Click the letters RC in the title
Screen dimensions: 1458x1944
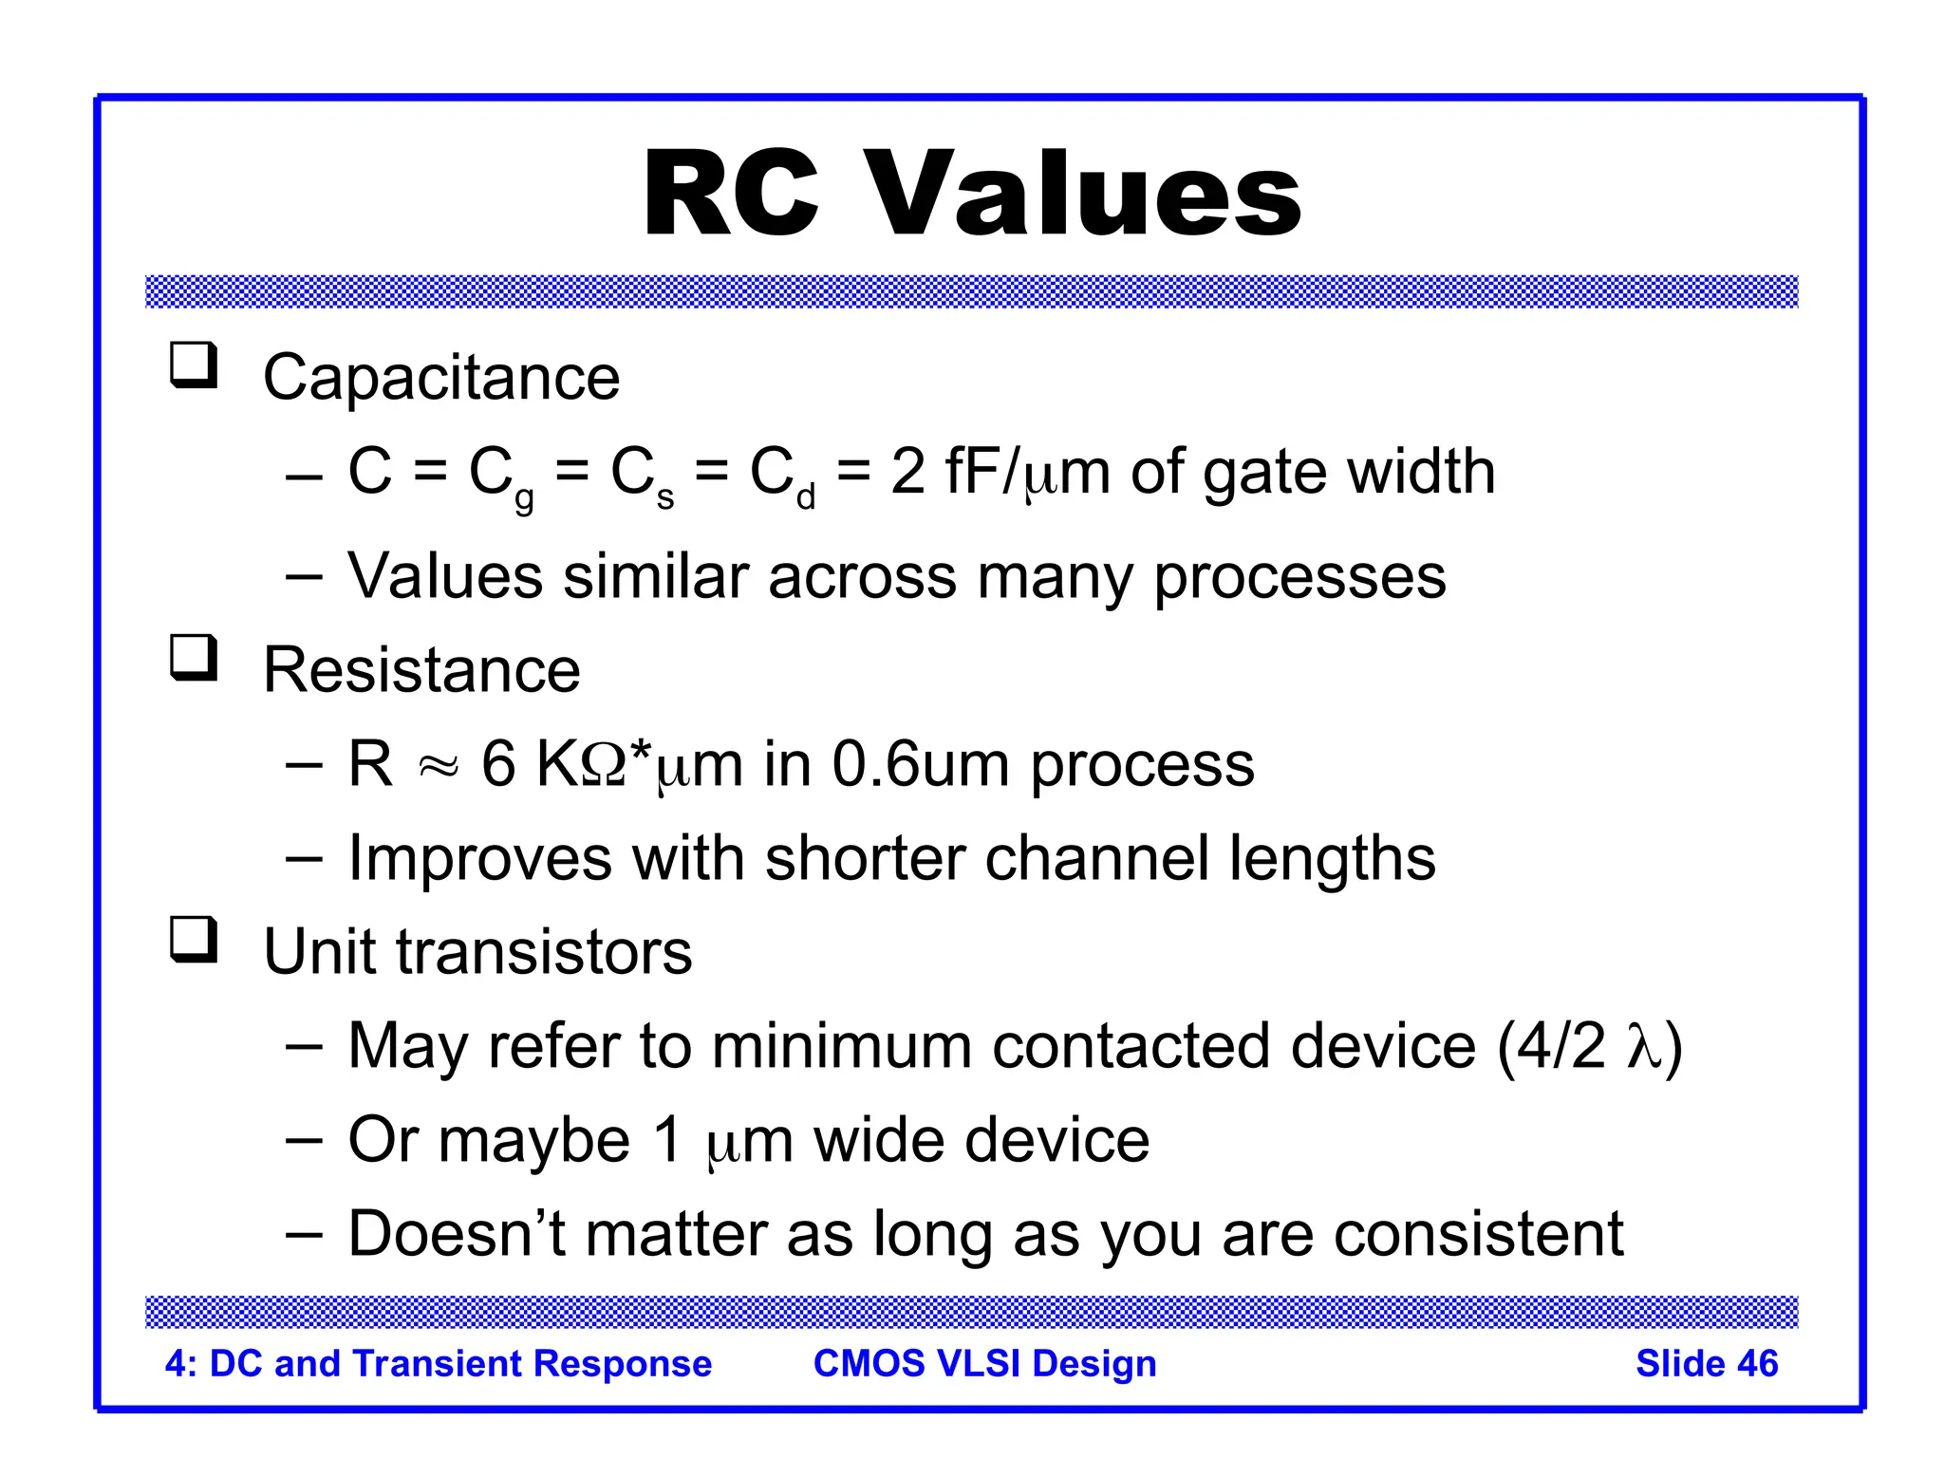click(731, 195)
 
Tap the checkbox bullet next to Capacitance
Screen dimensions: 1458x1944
click(194, 365)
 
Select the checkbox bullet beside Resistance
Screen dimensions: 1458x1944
click(194, 658)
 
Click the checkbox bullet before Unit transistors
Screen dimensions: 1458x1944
click(194, 940)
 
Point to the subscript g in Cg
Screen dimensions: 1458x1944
click(524, 498)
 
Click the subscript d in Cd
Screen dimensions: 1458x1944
click(806, 496)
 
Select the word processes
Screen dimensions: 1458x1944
click(1299, 576)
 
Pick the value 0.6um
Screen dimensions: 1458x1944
click(920, 763)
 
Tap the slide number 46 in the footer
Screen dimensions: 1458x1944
click(1757, 1363)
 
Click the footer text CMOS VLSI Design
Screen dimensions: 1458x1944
click(984, 1363)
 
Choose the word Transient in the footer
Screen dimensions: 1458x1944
click(438, 1363)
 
